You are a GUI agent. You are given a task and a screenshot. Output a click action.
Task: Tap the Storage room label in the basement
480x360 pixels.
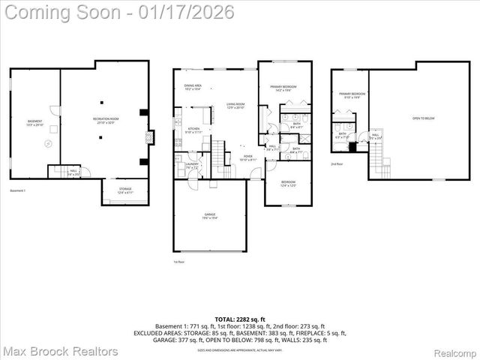[x=124, y=190]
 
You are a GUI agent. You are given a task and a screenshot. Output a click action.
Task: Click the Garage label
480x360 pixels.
[x=209, y=216]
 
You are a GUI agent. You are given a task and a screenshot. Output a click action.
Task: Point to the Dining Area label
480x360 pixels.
[x=193, y=88]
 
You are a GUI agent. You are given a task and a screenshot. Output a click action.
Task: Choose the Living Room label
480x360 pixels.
[x=238, y=106]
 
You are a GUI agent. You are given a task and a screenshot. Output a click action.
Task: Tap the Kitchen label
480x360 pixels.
[x=193, y=130]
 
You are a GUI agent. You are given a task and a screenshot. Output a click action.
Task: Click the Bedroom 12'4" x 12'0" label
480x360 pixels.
[x=289, y=184]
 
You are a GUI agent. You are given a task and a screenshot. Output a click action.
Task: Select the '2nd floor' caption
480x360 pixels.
[x=337, y=163]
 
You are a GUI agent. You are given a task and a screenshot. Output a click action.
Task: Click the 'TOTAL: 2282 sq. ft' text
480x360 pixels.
[x=239, y=319]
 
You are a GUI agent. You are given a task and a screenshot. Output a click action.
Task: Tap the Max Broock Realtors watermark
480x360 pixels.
[x=60, y=350]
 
